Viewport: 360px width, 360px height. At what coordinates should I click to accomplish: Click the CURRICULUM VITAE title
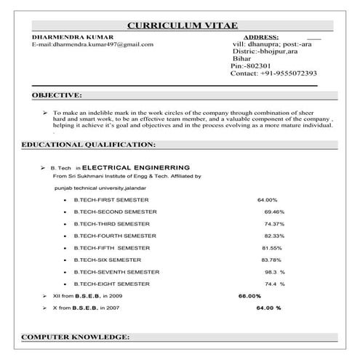coord(182,25)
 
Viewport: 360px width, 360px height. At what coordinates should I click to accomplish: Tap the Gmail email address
coord(92,44)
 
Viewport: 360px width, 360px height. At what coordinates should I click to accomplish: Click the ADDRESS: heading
coord(260,36)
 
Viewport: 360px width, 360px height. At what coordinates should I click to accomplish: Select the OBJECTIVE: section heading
coord(57,95)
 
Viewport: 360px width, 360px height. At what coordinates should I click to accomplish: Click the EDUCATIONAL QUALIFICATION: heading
coord(89,145)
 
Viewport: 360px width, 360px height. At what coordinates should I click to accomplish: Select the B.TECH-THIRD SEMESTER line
coord(111,223)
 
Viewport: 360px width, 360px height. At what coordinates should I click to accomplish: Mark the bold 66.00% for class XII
coord(249,296)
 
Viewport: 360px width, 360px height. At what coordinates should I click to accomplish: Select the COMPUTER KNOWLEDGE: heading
coord(76,338)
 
